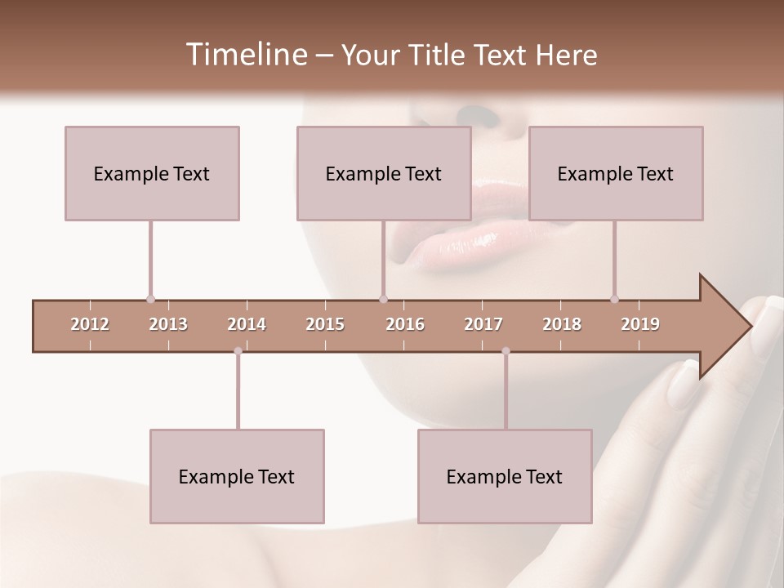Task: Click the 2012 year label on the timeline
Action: (90, 324)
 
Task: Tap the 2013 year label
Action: (168, 324)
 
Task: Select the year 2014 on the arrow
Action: (247, 324)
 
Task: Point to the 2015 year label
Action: (325, 324)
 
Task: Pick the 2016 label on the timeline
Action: (405, 324)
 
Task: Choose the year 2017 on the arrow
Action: (483, 324)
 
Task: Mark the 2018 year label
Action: (562, 324)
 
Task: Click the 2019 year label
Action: (640, 324)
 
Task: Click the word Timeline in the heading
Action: (245, 55)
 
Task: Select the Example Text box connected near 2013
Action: (152, 173)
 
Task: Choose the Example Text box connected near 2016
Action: (384, 173)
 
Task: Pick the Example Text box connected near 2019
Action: (616, 173)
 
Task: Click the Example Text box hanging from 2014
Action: (237, 476)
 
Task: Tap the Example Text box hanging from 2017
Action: (505, 476)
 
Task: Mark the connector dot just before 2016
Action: (384, 299)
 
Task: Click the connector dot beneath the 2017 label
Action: (506, 351)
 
